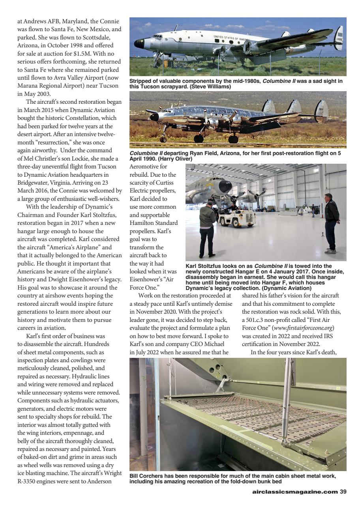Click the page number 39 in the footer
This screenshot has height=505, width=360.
[x=343, y=492]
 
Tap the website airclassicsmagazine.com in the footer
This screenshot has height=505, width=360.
[x=295, y=492]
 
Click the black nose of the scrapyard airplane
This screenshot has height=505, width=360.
[x=139, y=43]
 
